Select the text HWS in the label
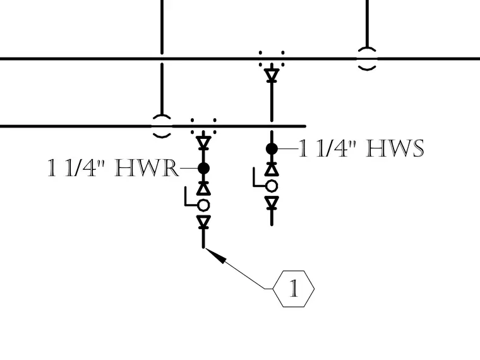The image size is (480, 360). tap(395, 148)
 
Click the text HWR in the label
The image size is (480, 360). tap(147, 168)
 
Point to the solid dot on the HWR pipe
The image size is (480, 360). tap(203, 168)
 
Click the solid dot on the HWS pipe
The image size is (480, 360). tap(272, 149)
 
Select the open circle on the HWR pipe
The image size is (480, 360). tap(203, 205)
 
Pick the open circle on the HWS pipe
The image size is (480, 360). tap(272, 186)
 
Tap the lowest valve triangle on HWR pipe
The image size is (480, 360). tap(203, 222)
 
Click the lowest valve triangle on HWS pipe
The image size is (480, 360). tap(272, 203)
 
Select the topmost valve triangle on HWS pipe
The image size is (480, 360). tap(272, 75)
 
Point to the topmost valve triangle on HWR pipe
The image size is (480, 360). tap(203, 143)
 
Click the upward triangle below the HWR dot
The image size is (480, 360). tap(203, 189)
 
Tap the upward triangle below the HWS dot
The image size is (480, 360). tap(272, 169)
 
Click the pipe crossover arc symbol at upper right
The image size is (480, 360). tap(367, 49)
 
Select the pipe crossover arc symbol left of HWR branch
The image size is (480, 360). tap(162, 116)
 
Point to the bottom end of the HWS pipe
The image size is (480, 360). tap(272, 225)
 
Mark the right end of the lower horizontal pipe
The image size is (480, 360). tap(305, 126)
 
